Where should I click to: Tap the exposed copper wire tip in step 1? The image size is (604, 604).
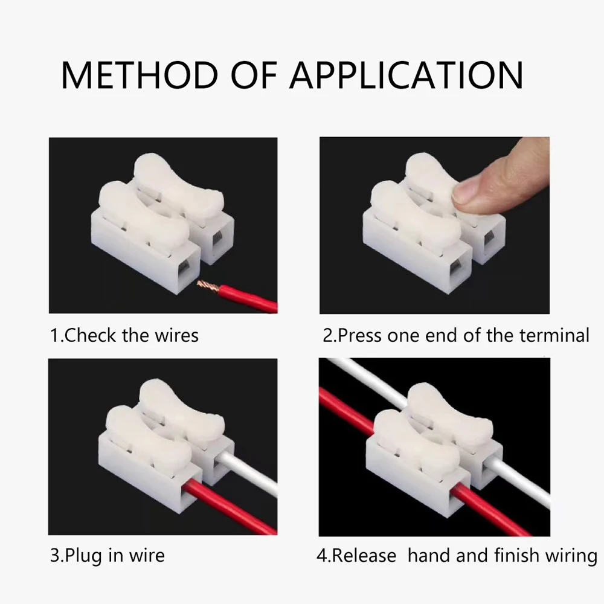click(208, 284)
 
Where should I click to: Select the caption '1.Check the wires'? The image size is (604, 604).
click(124, 335)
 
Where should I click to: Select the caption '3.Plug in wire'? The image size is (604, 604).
click(107, 555)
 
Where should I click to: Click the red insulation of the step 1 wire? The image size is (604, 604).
click(248, 297)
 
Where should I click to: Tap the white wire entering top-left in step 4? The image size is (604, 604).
click(368, 377)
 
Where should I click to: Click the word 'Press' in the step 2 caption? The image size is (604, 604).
click(361, 335)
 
